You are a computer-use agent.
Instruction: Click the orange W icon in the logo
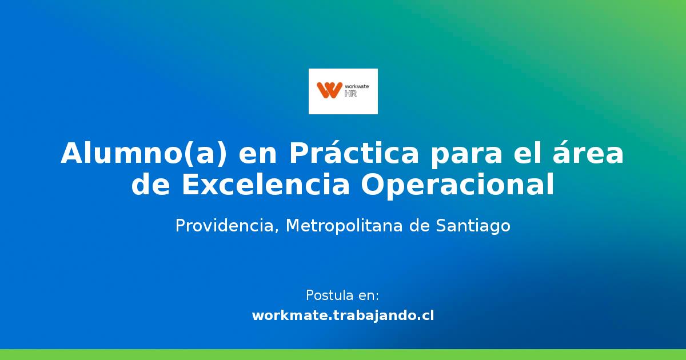[x=329, y=90]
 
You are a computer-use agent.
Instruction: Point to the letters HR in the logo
[x=350, y=93]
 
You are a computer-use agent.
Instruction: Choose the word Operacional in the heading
[x=457, y=185]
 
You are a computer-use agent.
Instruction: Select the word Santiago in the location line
[x=473, y=226]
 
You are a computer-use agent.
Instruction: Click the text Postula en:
[x=342, y=295]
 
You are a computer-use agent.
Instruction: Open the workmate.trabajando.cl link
[x=342, y=315]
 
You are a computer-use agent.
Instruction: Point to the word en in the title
[x=257, y=154]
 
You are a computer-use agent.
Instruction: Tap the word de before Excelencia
[x=151, y=185]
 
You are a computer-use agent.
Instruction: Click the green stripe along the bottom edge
[x=343, y=355]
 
